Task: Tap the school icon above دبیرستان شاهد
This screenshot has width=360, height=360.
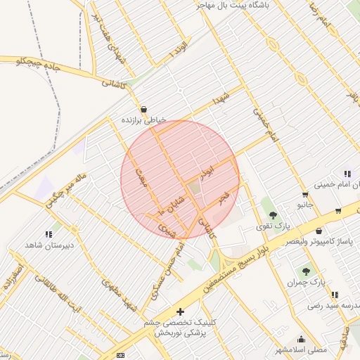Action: point(49,234)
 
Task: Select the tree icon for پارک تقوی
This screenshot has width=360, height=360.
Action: point(273,215)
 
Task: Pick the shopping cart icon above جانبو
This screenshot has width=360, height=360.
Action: point(304,195)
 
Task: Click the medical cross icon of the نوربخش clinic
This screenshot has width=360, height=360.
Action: point(181,311)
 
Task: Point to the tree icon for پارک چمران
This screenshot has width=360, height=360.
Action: point(306,271)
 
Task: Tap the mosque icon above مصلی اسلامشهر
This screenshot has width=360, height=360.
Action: point(302,339)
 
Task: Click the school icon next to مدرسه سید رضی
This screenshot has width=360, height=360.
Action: point(335,295)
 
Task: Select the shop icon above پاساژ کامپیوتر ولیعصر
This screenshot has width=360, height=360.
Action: point(319,231)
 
